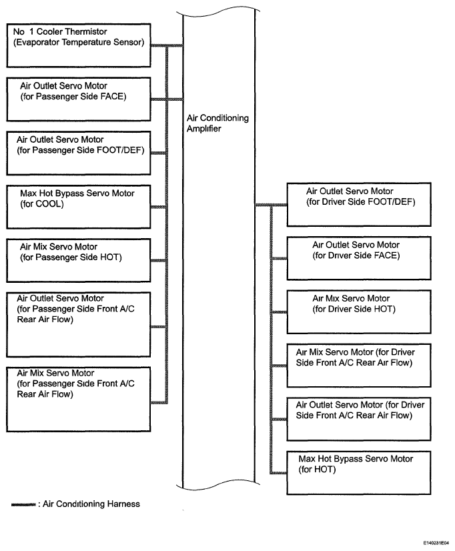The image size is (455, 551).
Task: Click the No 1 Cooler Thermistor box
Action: tap(79, 45)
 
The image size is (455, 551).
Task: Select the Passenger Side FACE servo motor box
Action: tap(79, 99)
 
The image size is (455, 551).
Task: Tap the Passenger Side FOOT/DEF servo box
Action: tap(79, 153)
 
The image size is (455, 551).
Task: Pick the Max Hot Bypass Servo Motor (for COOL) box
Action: tap(79, 207)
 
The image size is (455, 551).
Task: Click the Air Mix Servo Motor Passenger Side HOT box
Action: tap(79, 260)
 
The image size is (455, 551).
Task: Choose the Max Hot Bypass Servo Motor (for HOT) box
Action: tap(359, 473)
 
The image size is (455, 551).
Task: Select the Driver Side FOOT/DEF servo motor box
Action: tap(359, 205)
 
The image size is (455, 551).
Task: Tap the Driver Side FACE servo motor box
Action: tap(359, 258)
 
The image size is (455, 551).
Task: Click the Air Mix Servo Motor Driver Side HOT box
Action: tap(359, 312)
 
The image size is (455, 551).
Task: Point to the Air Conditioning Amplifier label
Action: tap(217, 123)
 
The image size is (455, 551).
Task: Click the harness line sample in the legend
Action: tap(23, 504)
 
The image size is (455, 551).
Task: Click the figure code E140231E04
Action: tap(436, 543)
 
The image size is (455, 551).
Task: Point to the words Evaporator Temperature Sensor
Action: tap(79, 42)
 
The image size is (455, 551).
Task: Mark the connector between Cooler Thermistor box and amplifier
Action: tap(167, 45)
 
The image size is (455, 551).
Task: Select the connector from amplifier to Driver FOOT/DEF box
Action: tap(271, 205)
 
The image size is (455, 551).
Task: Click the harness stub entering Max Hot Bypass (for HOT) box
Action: tap(278, 473)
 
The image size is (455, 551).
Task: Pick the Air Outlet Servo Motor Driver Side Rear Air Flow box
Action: tap(359, 419)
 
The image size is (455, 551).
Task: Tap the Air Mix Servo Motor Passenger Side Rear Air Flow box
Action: tap(79, 399)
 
